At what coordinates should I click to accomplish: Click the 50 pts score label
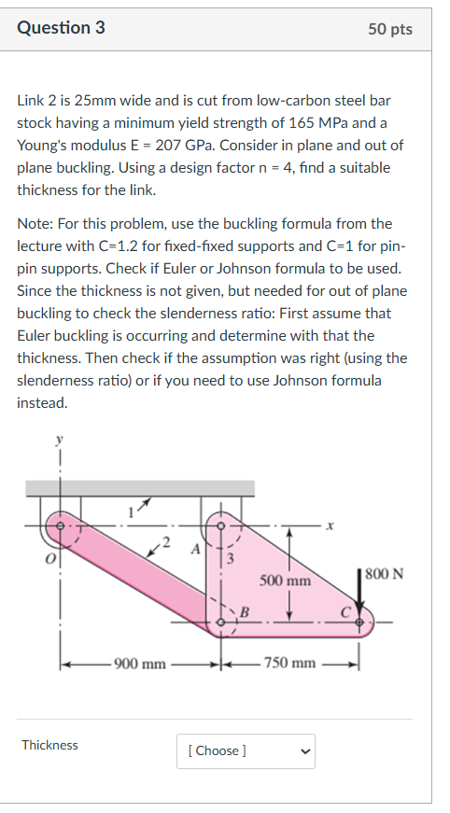[389, 29]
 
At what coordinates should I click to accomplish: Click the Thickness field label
[50, 745]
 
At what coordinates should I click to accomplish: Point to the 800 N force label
[384, 572]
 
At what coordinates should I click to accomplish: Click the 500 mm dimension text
[285, 580]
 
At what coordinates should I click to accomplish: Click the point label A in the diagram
[194, 549]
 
